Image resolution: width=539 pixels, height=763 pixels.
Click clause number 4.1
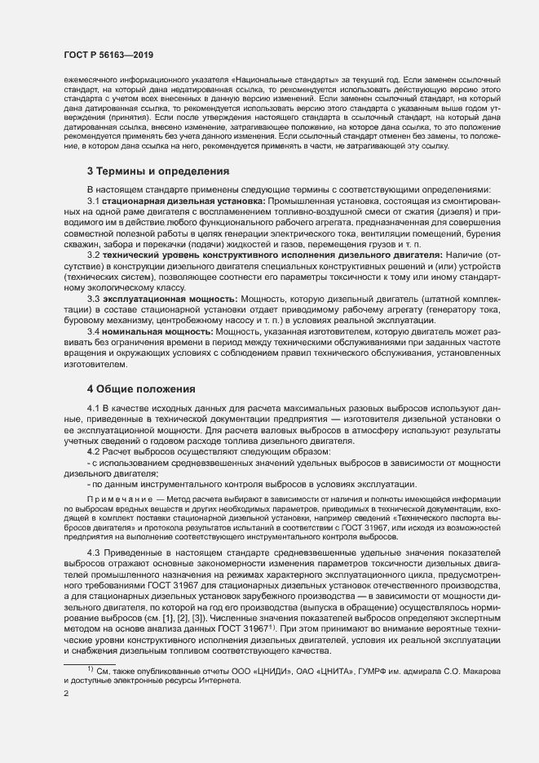93,407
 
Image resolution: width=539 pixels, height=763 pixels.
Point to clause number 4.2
93,451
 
